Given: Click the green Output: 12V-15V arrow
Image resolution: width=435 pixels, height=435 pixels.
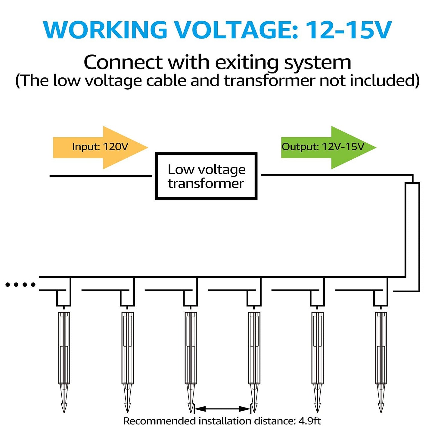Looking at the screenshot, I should (328, 147).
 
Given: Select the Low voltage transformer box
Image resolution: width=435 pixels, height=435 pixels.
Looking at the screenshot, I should (206, 176).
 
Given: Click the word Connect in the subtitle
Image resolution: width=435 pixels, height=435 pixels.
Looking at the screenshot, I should (123, 63).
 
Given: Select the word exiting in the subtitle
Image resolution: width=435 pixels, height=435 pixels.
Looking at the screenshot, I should (247, 63).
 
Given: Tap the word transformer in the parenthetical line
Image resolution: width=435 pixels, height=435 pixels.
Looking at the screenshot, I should (270, 81).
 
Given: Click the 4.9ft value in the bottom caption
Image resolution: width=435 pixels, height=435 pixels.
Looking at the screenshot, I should (310, 421).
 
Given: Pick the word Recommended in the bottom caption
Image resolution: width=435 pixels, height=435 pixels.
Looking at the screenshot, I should (159, 421).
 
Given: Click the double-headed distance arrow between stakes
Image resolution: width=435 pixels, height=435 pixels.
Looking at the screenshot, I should (222, 409).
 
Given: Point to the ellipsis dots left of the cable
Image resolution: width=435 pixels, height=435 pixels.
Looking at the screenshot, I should (20, 284).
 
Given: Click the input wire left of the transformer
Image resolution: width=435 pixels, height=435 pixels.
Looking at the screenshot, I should (101, 176).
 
